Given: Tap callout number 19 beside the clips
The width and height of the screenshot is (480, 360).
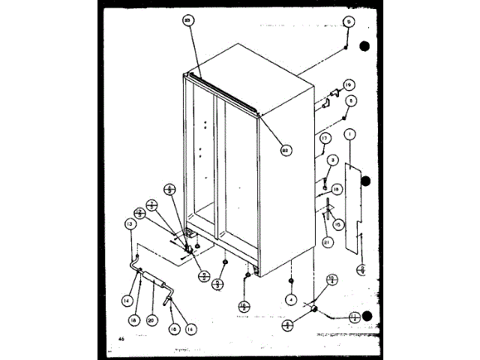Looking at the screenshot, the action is (x=348, y=84).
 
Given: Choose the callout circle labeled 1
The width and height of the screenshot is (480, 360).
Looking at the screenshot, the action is (x=350, y=134).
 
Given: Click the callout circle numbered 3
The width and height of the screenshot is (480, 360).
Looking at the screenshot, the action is (x=333, y=159).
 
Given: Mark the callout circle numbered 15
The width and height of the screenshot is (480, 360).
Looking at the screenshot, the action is (x=337, y=224).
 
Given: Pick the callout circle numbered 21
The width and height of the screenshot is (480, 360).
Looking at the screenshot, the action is (x=327, y=241).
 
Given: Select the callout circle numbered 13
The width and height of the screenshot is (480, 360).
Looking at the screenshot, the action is (x=130, y=224).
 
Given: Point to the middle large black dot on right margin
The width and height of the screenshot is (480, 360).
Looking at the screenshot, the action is (x=365, y=180).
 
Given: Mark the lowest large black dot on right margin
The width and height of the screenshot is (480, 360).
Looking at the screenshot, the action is (x=365, y=316).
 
